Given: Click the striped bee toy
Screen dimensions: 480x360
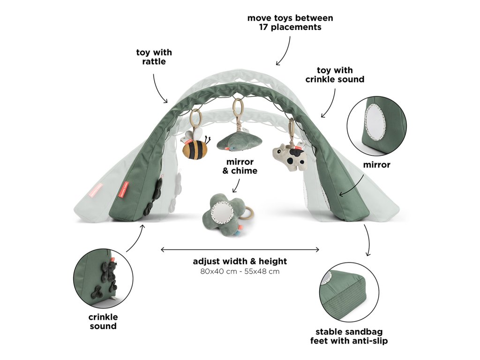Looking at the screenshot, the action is [x=195, y=147].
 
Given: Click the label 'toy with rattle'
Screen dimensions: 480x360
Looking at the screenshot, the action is [x=154, y=57].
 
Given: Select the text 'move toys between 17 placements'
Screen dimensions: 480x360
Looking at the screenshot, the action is [x=290, y=22].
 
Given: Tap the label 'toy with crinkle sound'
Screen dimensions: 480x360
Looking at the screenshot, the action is [x=335, y=75].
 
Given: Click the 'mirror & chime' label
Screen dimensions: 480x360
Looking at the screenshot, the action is [x=240, y=166].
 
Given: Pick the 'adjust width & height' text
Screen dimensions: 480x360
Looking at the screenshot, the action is [x=240, y=261].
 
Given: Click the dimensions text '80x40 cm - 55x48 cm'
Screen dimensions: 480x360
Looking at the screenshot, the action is [x=240, y=271].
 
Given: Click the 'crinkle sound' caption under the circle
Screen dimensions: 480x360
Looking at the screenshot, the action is [x=103, y=322].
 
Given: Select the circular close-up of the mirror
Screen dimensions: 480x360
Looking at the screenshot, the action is [x=377, y=126].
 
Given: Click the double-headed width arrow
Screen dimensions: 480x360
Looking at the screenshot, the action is [x=240, y=249].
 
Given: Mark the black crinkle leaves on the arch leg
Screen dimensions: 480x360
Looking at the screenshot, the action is [x=154, y=197].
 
